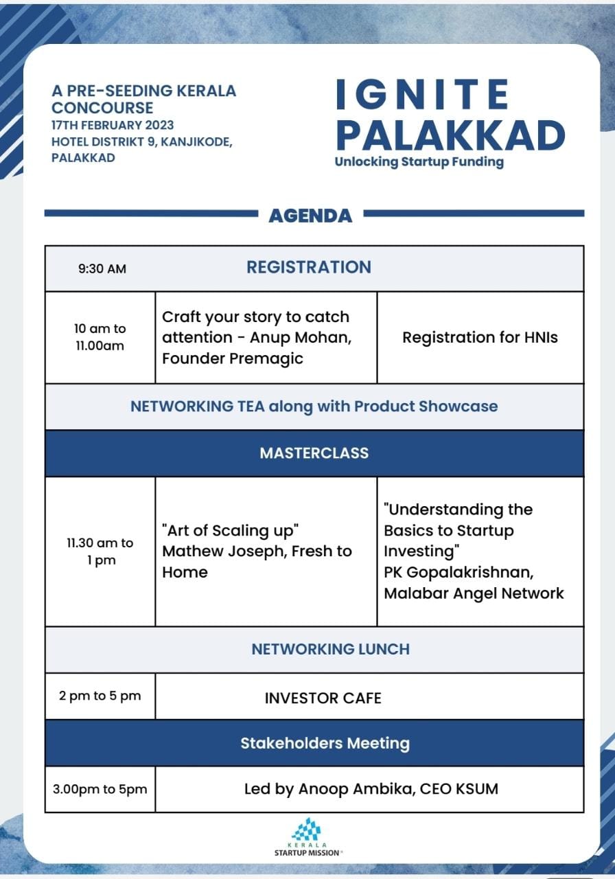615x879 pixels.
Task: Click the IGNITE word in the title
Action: coord(422,94)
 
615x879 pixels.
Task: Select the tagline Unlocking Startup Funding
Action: coord(419,162)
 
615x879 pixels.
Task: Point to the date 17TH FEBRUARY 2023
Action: coord(113,125)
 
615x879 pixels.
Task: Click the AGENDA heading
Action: coord(310,216)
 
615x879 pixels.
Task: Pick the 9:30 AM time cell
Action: coord(102,269)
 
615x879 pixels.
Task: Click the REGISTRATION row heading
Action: coord(309,267)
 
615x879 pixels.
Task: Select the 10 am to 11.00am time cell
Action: coord(100,337)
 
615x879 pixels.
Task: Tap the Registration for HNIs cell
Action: coord(480,337)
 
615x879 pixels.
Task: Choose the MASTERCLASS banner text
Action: coord(314,453)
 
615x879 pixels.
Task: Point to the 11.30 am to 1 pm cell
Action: coord(100,551)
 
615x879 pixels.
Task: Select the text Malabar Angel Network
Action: coord(474,593)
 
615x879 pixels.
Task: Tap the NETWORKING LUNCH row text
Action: coord(330,649)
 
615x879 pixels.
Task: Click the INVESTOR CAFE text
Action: coord(323,698)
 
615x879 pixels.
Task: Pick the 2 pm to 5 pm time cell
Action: coord(100,696)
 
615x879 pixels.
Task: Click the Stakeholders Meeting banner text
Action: coord(325,743)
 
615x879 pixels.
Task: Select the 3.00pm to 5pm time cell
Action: coord(100,789)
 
